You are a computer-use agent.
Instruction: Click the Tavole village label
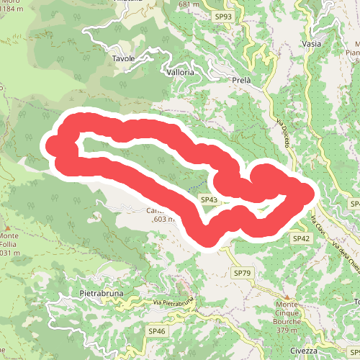pos(123,58)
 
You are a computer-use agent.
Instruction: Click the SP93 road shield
pos(223,16)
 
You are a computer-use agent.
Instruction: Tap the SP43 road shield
pos(209,199)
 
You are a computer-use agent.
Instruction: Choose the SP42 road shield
pos(301,238)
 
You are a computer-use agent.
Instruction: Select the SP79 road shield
pos(242,273)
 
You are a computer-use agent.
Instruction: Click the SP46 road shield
pos(157,330)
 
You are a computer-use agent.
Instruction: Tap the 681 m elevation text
pos(189,4)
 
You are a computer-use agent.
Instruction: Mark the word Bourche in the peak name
pos(287,322)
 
